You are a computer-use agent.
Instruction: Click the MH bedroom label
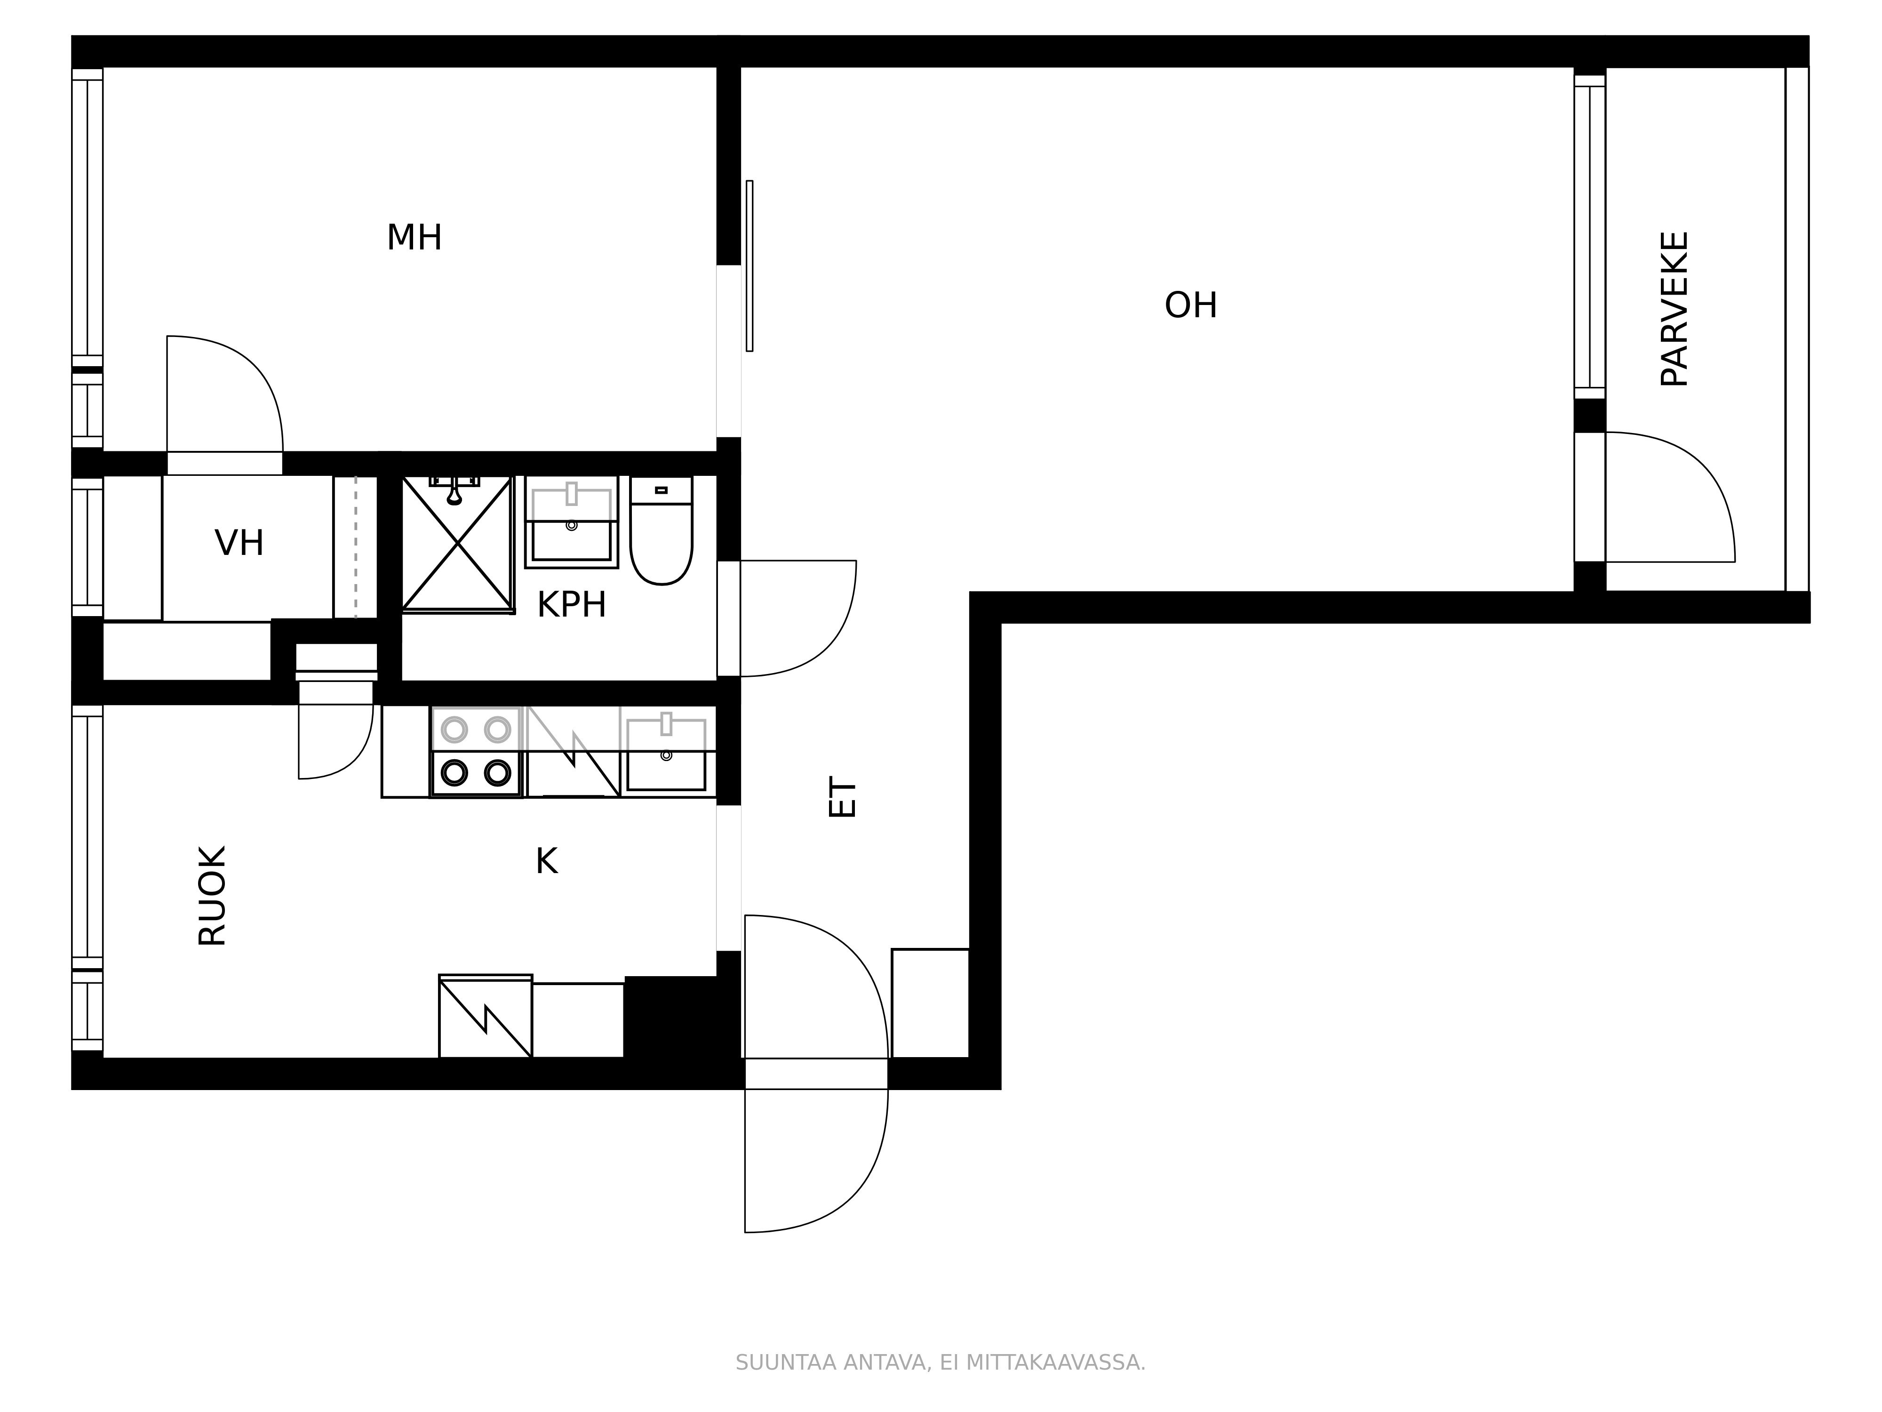tap(415, 238)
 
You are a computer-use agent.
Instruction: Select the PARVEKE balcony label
tap(1675, 309)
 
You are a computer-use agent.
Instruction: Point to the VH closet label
tap(239, 543)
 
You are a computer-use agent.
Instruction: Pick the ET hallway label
tap(842, 797)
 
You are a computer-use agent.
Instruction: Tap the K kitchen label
tap(546, 861)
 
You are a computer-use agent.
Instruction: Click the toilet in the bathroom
tap(661, 530)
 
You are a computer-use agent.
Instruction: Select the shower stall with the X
tap(458, 543)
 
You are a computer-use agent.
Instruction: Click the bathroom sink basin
tap(572, 521)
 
